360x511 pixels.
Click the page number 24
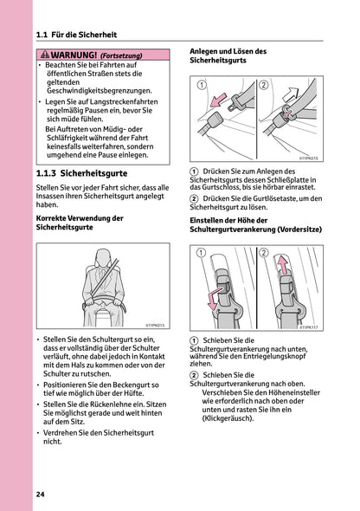click(41, 494)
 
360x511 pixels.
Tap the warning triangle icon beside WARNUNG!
click(48, 55)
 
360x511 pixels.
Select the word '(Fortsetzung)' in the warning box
click(121, 55)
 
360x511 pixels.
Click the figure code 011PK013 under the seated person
click(155, 324)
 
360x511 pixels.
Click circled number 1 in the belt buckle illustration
click(202, 85)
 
